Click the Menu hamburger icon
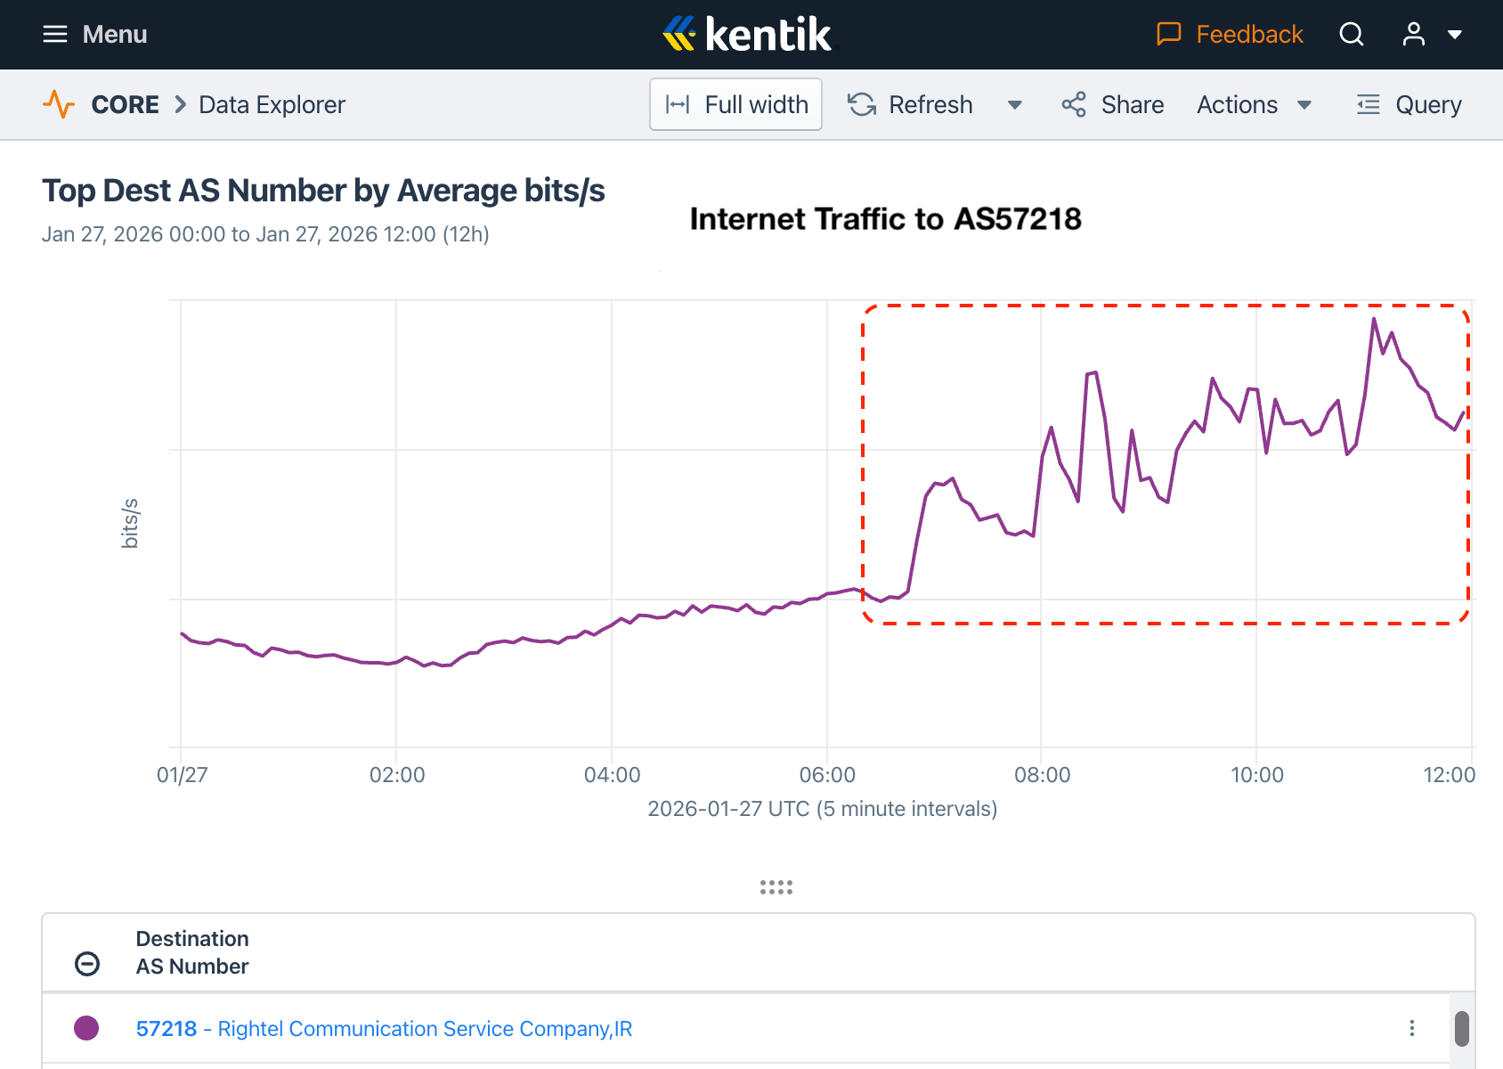tap(55, 35)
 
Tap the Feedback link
tap(1230, 35)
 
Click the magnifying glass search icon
tap(1351, 35)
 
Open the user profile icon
tap(1413, 35)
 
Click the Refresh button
tap(910, 105)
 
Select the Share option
tap(1113, 105)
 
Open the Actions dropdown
tap(1254, 105)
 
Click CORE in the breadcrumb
tap(125, 105)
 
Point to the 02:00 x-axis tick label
tap(397, 775)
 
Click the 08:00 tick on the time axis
tap(1042, 775)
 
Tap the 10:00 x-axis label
tap(1256, 775)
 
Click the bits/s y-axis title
tap(130, 523)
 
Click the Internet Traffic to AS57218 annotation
tap(885, 219)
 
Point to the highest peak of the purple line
tap(1374, 319)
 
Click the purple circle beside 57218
tap(86, 1028)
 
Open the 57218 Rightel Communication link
tap(384, 1029)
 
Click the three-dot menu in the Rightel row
tap(1411, 1028)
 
